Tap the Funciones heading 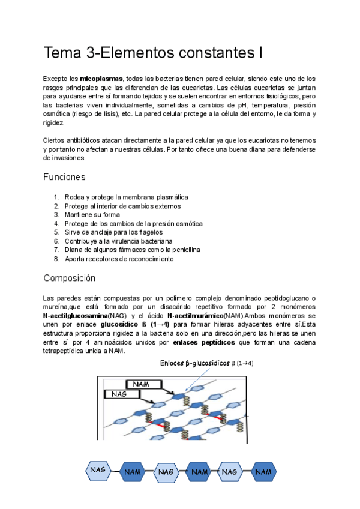tap(64, 177)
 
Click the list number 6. tap(56, 241)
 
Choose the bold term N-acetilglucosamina tap(75, 315)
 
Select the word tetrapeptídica tap(66, 351)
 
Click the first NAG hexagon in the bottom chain tap(98, 471)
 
